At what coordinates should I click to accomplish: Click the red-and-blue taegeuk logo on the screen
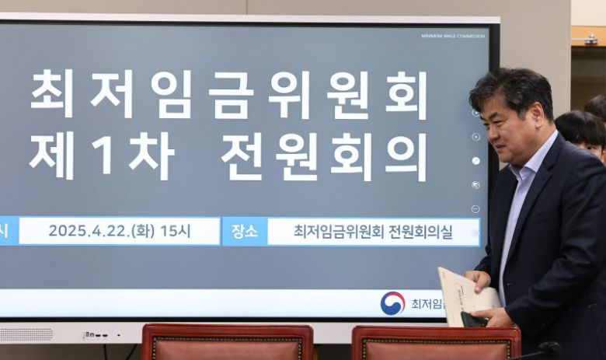392,302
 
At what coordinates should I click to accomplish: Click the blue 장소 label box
244,231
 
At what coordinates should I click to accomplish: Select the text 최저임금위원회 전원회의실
372,231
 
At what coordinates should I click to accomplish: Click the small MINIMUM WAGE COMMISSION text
453,36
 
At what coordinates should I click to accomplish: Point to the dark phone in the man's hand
475,318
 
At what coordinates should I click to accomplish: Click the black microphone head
549,348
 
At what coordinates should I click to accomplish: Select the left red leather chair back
227,342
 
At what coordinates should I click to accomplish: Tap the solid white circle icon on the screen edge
475,161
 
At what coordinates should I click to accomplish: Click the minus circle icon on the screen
475,209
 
